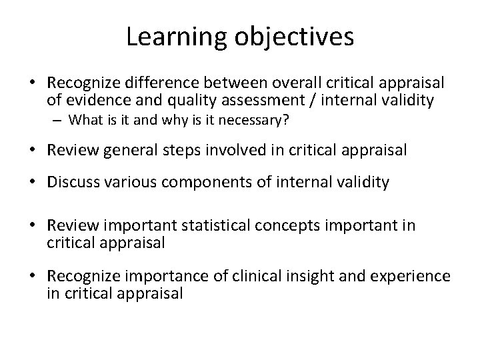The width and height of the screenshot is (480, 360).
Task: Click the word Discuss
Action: pos(71,182)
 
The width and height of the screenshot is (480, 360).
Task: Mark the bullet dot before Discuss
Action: pos(38,182)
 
